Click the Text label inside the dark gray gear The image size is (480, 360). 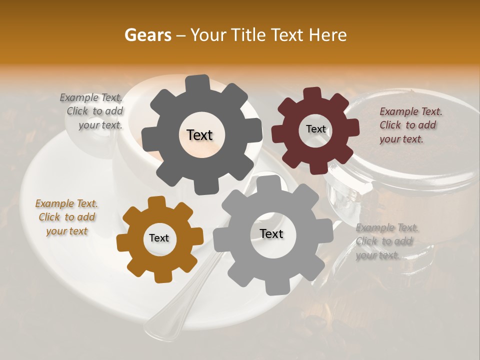click(x=199, y=135)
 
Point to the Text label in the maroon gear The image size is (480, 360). click(x=315, y=129)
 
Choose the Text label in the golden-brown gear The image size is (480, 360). click(x=159, y=238)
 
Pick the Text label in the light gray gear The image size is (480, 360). click(x=271, y=233)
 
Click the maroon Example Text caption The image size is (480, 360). click(x=410, y=125)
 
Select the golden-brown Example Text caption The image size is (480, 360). click(x=66, y=217)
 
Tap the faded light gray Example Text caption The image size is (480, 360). click(x=386, y=241)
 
